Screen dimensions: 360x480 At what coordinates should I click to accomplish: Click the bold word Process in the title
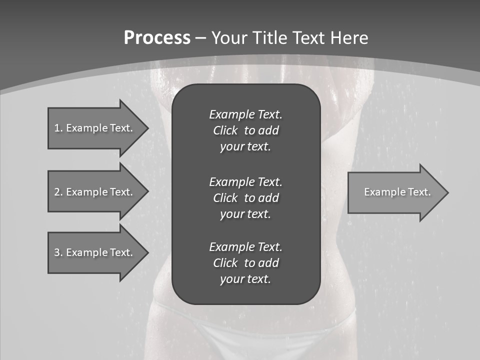coord(157,38)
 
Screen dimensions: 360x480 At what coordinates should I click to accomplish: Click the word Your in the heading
coord(230,38)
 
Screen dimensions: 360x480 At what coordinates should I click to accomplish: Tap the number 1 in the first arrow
coord(57,128)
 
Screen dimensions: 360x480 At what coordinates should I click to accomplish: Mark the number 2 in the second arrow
coord(57,192)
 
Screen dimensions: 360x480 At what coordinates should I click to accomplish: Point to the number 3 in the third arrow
coord(57,252)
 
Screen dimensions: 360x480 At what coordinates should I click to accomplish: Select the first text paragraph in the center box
coord(245,130)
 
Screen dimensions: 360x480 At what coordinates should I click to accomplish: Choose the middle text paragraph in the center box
coord(245,198)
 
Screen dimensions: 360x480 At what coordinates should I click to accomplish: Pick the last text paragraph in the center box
coord(245,263)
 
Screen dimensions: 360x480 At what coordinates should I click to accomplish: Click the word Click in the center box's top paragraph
coord(225,130)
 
